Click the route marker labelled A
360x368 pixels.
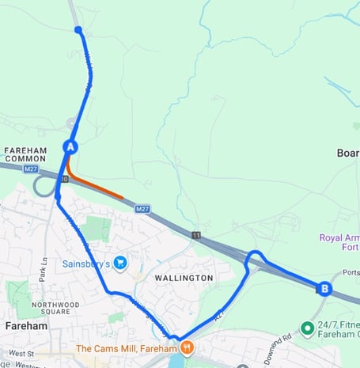70,146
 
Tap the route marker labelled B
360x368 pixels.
323,289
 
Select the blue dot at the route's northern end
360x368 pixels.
78,30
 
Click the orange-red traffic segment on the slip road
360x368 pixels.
95,185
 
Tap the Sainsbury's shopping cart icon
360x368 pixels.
120,263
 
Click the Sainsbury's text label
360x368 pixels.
85,263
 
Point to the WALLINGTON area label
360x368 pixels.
184,279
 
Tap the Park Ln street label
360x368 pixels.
44,268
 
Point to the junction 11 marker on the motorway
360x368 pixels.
195,234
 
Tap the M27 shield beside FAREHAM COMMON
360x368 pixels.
31,169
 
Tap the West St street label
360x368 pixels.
21,353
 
